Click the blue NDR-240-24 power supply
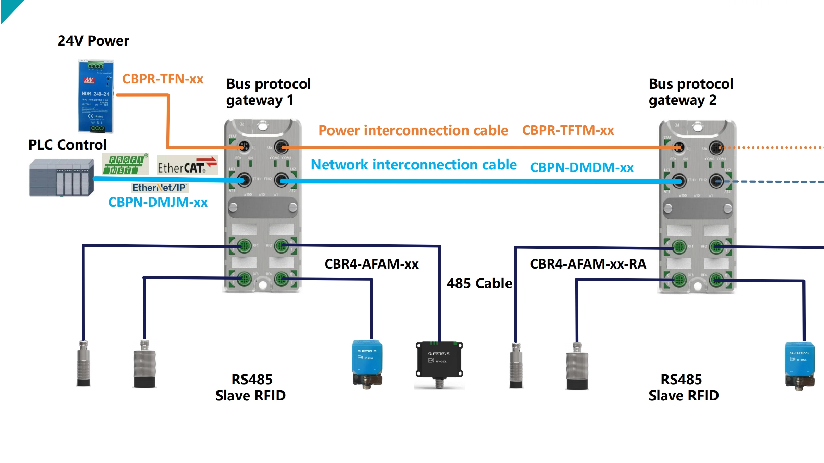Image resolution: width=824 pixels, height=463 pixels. [x=96, y=96]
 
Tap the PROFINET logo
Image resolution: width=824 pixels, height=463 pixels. [x=125, y=164]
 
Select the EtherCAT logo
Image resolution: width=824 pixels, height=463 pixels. [x=187, y=166]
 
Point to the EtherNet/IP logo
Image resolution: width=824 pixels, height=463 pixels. [x=160, y=188]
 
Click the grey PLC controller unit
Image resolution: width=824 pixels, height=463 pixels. [x=62, y=178]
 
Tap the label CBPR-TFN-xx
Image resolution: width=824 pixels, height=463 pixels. [x=163, y=79]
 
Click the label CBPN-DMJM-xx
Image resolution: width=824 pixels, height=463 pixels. [x=158, y=202]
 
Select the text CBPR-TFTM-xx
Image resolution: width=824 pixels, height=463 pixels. [x=568, y=130]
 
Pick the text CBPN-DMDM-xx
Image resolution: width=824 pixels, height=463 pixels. [x=582, y=168]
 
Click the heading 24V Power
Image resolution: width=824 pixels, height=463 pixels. [x=93, y=41]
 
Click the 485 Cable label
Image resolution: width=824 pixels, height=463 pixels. [x=479, y=283]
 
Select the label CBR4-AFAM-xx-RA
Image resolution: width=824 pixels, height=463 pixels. [x=588, y=264]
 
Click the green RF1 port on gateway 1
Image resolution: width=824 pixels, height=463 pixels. [x=244, y=246]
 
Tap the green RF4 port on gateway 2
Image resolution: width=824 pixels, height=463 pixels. [x=716, y=280]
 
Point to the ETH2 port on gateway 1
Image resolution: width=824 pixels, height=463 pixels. [x=282, y=180]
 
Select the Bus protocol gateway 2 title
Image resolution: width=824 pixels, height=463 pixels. [x=690, y=92]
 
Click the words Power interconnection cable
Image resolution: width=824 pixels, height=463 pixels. [x=413, y=130]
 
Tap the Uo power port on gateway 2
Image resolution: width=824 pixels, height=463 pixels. [x=716, y=148]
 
